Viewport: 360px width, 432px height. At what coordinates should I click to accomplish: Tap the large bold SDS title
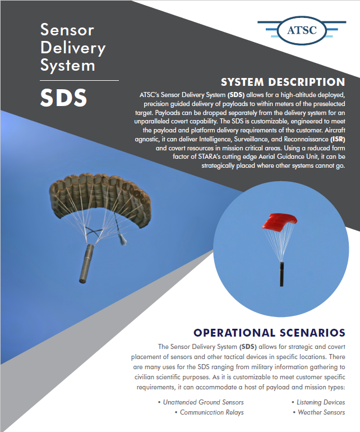click(63, 98)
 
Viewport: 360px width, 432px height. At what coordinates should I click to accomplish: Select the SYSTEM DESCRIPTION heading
click(283, 82)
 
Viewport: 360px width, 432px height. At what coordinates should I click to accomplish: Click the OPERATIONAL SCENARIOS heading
click(269, 333)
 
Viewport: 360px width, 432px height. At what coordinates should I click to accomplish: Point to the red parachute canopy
click(279, 222)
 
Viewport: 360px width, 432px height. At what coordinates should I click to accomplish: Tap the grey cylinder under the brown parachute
click(86, 263)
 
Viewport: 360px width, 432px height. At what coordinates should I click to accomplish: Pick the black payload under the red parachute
click(281, 274)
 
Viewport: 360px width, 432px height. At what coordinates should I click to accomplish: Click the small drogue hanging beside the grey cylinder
click(122, 238)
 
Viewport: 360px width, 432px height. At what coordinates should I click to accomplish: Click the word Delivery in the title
click(73, 48)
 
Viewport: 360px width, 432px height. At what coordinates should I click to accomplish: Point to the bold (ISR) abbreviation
click(338, 139)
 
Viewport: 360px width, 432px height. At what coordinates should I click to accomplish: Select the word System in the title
click(68, 66)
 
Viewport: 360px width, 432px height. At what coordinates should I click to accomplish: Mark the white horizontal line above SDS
click(79, 81)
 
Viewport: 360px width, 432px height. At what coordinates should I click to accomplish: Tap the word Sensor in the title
click(67, 30)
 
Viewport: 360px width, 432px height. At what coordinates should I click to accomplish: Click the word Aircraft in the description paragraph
click(335, 130)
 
